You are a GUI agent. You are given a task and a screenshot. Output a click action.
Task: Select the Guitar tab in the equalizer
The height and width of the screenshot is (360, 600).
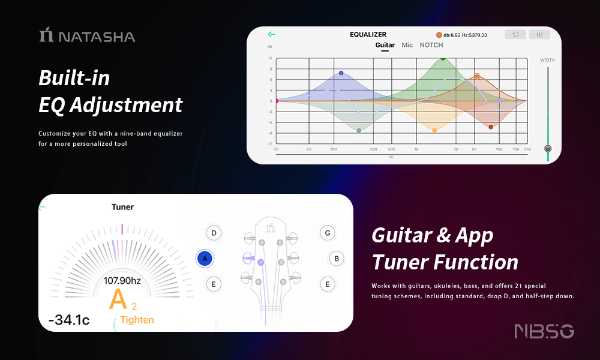point(385,45)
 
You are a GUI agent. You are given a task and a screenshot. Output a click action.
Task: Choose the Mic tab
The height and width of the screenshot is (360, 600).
point(407,45)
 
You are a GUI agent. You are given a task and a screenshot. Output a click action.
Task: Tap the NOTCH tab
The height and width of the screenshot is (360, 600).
point(431,45)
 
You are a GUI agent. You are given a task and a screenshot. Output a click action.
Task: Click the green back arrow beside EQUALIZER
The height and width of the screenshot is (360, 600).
point(272,34)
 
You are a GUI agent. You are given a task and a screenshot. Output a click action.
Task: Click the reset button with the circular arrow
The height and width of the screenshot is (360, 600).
point(515,34)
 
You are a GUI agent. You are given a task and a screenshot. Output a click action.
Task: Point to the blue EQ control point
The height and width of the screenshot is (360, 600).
point(341,73)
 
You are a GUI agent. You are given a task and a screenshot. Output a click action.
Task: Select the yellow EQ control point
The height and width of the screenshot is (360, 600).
point(434,130)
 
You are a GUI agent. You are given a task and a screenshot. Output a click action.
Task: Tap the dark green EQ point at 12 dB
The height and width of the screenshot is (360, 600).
point(443,59)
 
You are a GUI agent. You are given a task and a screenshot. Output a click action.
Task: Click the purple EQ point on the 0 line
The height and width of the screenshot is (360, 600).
point(499,101)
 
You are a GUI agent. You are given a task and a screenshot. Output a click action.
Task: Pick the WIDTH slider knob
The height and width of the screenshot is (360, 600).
point(548,148)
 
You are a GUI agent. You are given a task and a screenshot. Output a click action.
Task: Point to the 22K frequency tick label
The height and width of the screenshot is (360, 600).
point(527,149)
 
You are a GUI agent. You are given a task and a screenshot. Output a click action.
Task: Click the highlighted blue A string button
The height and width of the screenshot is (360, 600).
point(205,259)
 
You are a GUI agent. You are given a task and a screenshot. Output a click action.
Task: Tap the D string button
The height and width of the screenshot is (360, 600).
point(214,233)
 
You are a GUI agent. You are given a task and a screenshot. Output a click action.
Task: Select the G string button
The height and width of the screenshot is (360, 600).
point(328,233)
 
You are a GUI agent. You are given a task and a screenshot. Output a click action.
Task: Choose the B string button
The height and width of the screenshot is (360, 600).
point(337,259)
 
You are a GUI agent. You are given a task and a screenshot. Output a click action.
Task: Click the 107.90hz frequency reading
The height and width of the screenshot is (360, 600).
point(122,281)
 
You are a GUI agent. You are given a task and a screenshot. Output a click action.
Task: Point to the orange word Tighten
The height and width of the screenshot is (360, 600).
point(137,320)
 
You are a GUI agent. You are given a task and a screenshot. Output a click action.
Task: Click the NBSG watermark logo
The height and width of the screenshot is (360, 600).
point(544,331)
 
